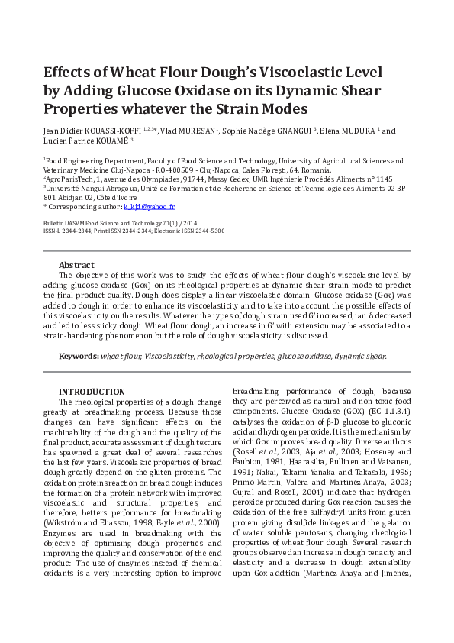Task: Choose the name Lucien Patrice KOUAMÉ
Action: (85, 141)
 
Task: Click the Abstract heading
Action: (76, 264)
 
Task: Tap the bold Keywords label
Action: (79, 356)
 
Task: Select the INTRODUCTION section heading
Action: (92, 392)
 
